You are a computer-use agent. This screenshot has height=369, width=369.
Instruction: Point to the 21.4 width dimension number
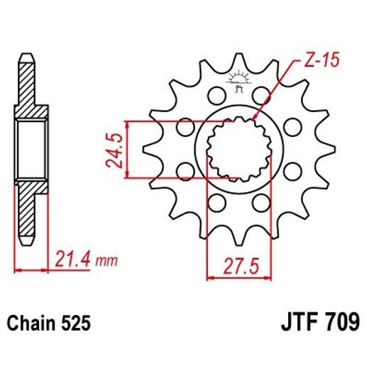coord(72,260)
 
